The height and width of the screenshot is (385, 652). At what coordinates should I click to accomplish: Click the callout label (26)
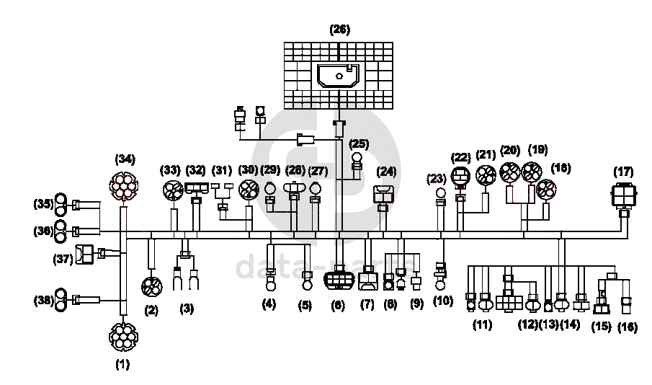339,30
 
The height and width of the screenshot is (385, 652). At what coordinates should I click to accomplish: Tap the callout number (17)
623,172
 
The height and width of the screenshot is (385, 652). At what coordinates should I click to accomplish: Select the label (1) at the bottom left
122,365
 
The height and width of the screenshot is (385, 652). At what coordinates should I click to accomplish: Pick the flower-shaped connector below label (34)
124,187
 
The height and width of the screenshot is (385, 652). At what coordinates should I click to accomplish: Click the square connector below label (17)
622,195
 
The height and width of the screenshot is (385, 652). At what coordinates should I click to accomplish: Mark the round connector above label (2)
151,287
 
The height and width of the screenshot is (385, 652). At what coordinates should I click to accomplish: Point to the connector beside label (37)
85,253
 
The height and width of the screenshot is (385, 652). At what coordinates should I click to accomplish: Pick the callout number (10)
443,301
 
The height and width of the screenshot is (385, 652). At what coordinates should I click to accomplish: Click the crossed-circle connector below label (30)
249,190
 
